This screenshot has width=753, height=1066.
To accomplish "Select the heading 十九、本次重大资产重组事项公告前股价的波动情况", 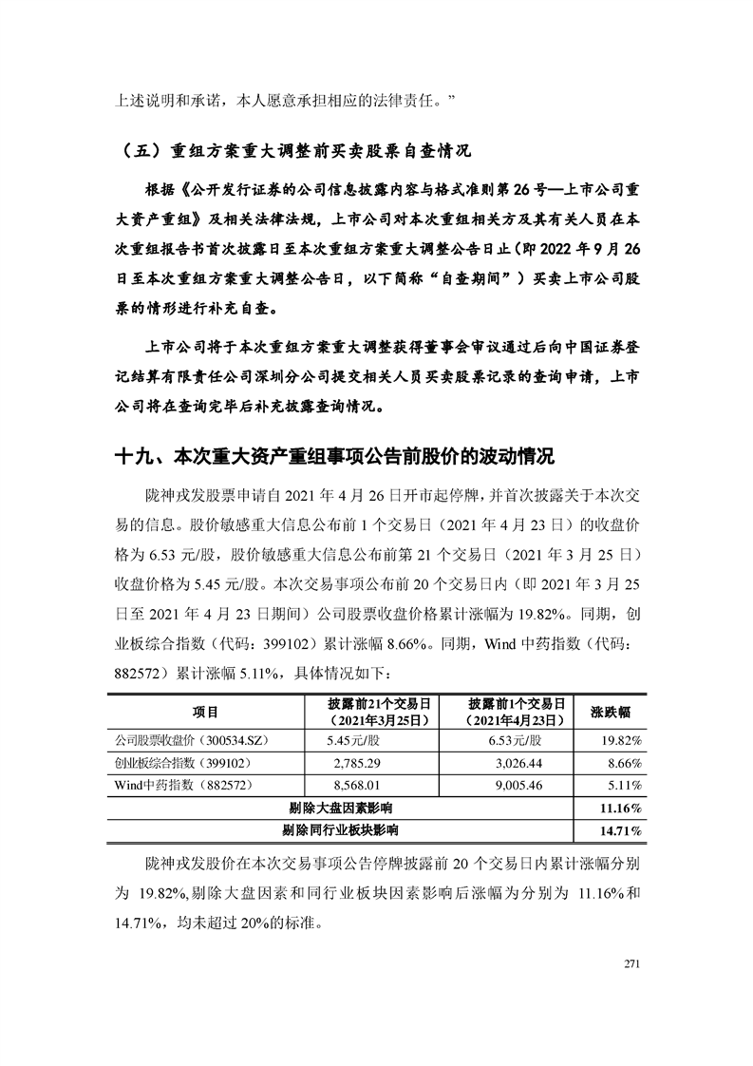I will pos(333,455).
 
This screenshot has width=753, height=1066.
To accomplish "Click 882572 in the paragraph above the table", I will pos(141,674).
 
